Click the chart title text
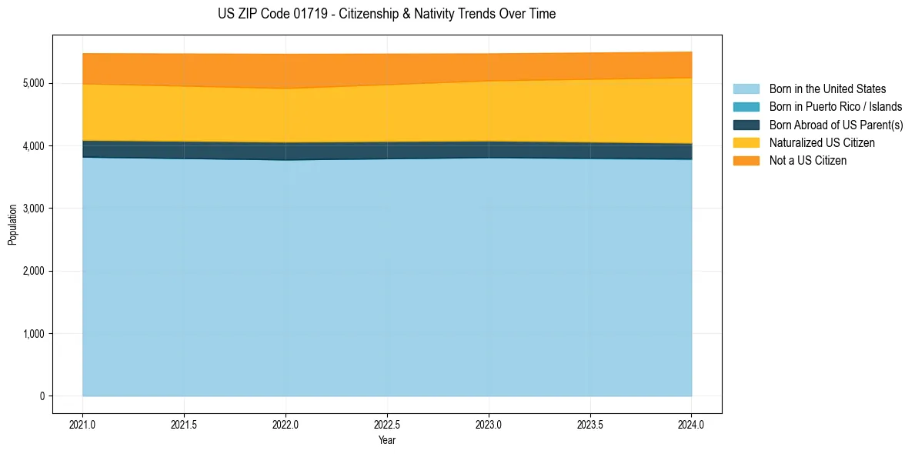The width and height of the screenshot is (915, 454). [x=386, y=14]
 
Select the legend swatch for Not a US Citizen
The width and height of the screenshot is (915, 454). [x=746, y=161]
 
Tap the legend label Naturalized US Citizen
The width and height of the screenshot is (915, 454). [x=822, y=142]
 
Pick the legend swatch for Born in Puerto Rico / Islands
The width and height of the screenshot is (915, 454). [x=746, y=107]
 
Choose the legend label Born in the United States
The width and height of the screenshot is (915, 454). [x=827, y=89]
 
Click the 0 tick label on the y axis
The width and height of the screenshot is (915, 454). [x=43, y=396]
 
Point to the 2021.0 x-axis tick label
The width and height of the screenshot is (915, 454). [x=83, y=426]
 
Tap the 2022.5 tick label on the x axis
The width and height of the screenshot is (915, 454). [x=387, y=426]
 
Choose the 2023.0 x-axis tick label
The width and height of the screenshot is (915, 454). [x=489, y=426]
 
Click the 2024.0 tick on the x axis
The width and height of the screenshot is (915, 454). [x=692, y=426]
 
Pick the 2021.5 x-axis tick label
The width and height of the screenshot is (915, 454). [x=185, y=426]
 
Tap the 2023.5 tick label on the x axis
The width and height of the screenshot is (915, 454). [x=590, y=426]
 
